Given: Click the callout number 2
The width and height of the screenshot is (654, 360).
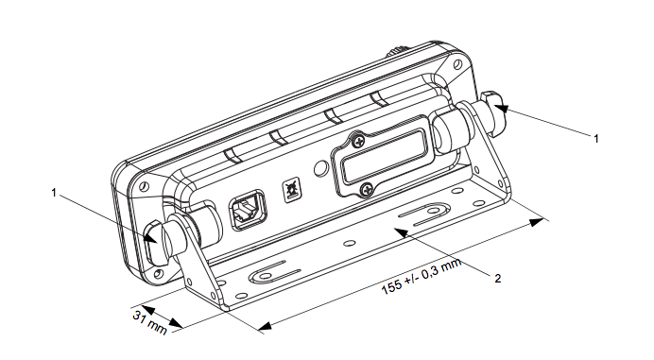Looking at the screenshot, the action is click(x=497, y=278).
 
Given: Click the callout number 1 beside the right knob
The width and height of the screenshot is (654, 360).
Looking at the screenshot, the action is click(x=596, y=139).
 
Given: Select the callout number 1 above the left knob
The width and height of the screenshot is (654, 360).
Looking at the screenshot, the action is click(x=53, y=193).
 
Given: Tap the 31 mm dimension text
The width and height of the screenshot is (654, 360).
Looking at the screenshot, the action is click(x=149, y=322).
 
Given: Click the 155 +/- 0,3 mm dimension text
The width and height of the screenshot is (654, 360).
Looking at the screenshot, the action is click(x=422, y=276).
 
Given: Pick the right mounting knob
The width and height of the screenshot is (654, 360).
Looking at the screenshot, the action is click(x=492, y=113).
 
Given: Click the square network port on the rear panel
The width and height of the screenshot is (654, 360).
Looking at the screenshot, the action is click(x=247, y=210).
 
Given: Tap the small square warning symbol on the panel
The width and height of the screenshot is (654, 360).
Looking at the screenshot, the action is click(x=291, y=191).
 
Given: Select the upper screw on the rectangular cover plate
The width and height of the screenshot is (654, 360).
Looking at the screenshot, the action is click(x=358, y=142).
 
